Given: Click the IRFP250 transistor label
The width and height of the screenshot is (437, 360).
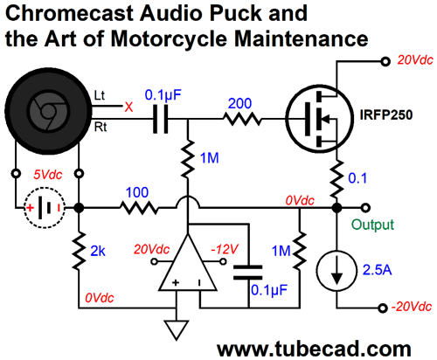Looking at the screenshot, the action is pos(386,114).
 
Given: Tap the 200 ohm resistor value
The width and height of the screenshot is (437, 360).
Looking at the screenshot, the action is pos(239,103).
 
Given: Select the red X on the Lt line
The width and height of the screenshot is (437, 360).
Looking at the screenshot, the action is pos(128,107).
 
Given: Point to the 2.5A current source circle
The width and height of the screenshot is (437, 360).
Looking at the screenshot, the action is pos(336,271).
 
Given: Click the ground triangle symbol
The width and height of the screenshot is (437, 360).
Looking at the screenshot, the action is pos(177,329).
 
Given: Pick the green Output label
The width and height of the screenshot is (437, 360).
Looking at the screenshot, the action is pos(372,225).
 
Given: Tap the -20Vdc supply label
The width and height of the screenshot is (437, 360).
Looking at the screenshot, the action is pos(412,307).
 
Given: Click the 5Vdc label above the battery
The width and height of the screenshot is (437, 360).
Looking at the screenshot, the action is pos(48,175).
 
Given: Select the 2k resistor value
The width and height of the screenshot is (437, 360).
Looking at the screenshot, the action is pos(98,251).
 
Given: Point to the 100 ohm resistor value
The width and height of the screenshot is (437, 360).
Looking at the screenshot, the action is pos(137,192).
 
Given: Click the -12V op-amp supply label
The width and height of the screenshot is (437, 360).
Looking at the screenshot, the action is pos(225,249).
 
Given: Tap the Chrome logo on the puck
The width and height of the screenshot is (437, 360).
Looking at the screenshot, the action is pos(48,111).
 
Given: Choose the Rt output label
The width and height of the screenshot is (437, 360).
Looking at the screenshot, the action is pos(101,128).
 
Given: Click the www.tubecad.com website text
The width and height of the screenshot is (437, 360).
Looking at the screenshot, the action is pos(314,349).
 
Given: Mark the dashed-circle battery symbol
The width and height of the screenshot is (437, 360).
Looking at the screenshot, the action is pos(45,207).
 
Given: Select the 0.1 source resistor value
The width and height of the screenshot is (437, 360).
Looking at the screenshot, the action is pos(357,178).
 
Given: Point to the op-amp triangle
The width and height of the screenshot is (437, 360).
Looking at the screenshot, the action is pos(188,267).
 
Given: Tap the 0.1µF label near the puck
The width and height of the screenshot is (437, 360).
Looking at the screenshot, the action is pos(163,94).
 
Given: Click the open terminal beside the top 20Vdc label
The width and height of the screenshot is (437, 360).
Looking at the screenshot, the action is pos(385,62).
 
